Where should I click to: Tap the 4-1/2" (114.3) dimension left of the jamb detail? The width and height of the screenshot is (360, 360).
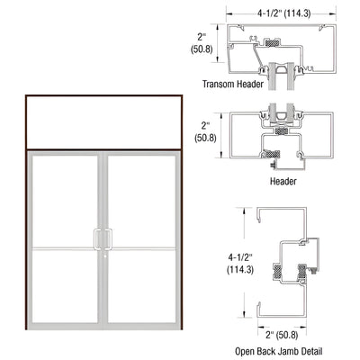(215, 262)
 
